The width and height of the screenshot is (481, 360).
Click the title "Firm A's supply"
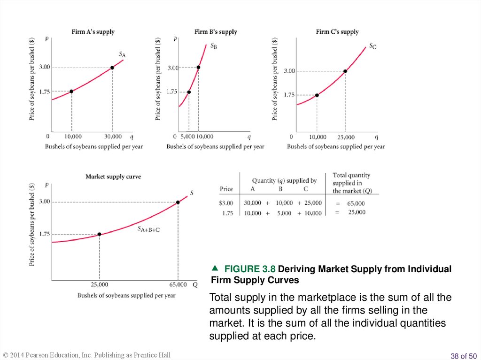(93, 32)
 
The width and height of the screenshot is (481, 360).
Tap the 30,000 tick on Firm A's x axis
(113, 137)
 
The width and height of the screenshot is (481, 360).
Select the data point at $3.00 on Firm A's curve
(112, 68)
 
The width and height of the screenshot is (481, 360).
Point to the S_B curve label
(213, 46)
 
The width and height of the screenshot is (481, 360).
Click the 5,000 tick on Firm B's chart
(187, 137)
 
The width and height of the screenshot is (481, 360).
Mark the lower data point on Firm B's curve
(189, 92)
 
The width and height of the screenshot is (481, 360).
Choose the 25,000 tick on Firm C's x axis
(346, 137)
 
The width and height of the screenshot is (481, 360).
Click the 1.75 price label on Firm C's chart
(289, 95)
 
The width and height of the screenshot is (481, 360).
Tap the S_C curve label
(372, 46)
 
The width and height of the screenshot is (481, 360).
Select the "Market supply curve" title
(113, 176)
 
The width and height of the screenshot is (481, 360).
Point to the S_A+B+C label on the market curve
(149, 230)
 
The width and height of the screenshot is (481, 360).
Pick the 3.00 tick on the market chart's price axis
(44, 201)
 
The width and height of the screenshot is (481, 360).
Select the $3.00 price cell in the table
(226, 203)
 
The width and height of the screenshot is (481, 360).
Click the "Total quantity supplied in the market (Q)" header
(351, 183)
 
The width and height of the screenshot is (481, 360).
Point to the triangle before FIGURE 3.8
(216, 268)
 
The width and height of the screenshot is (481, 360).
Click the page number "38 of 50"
(463, 356)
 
